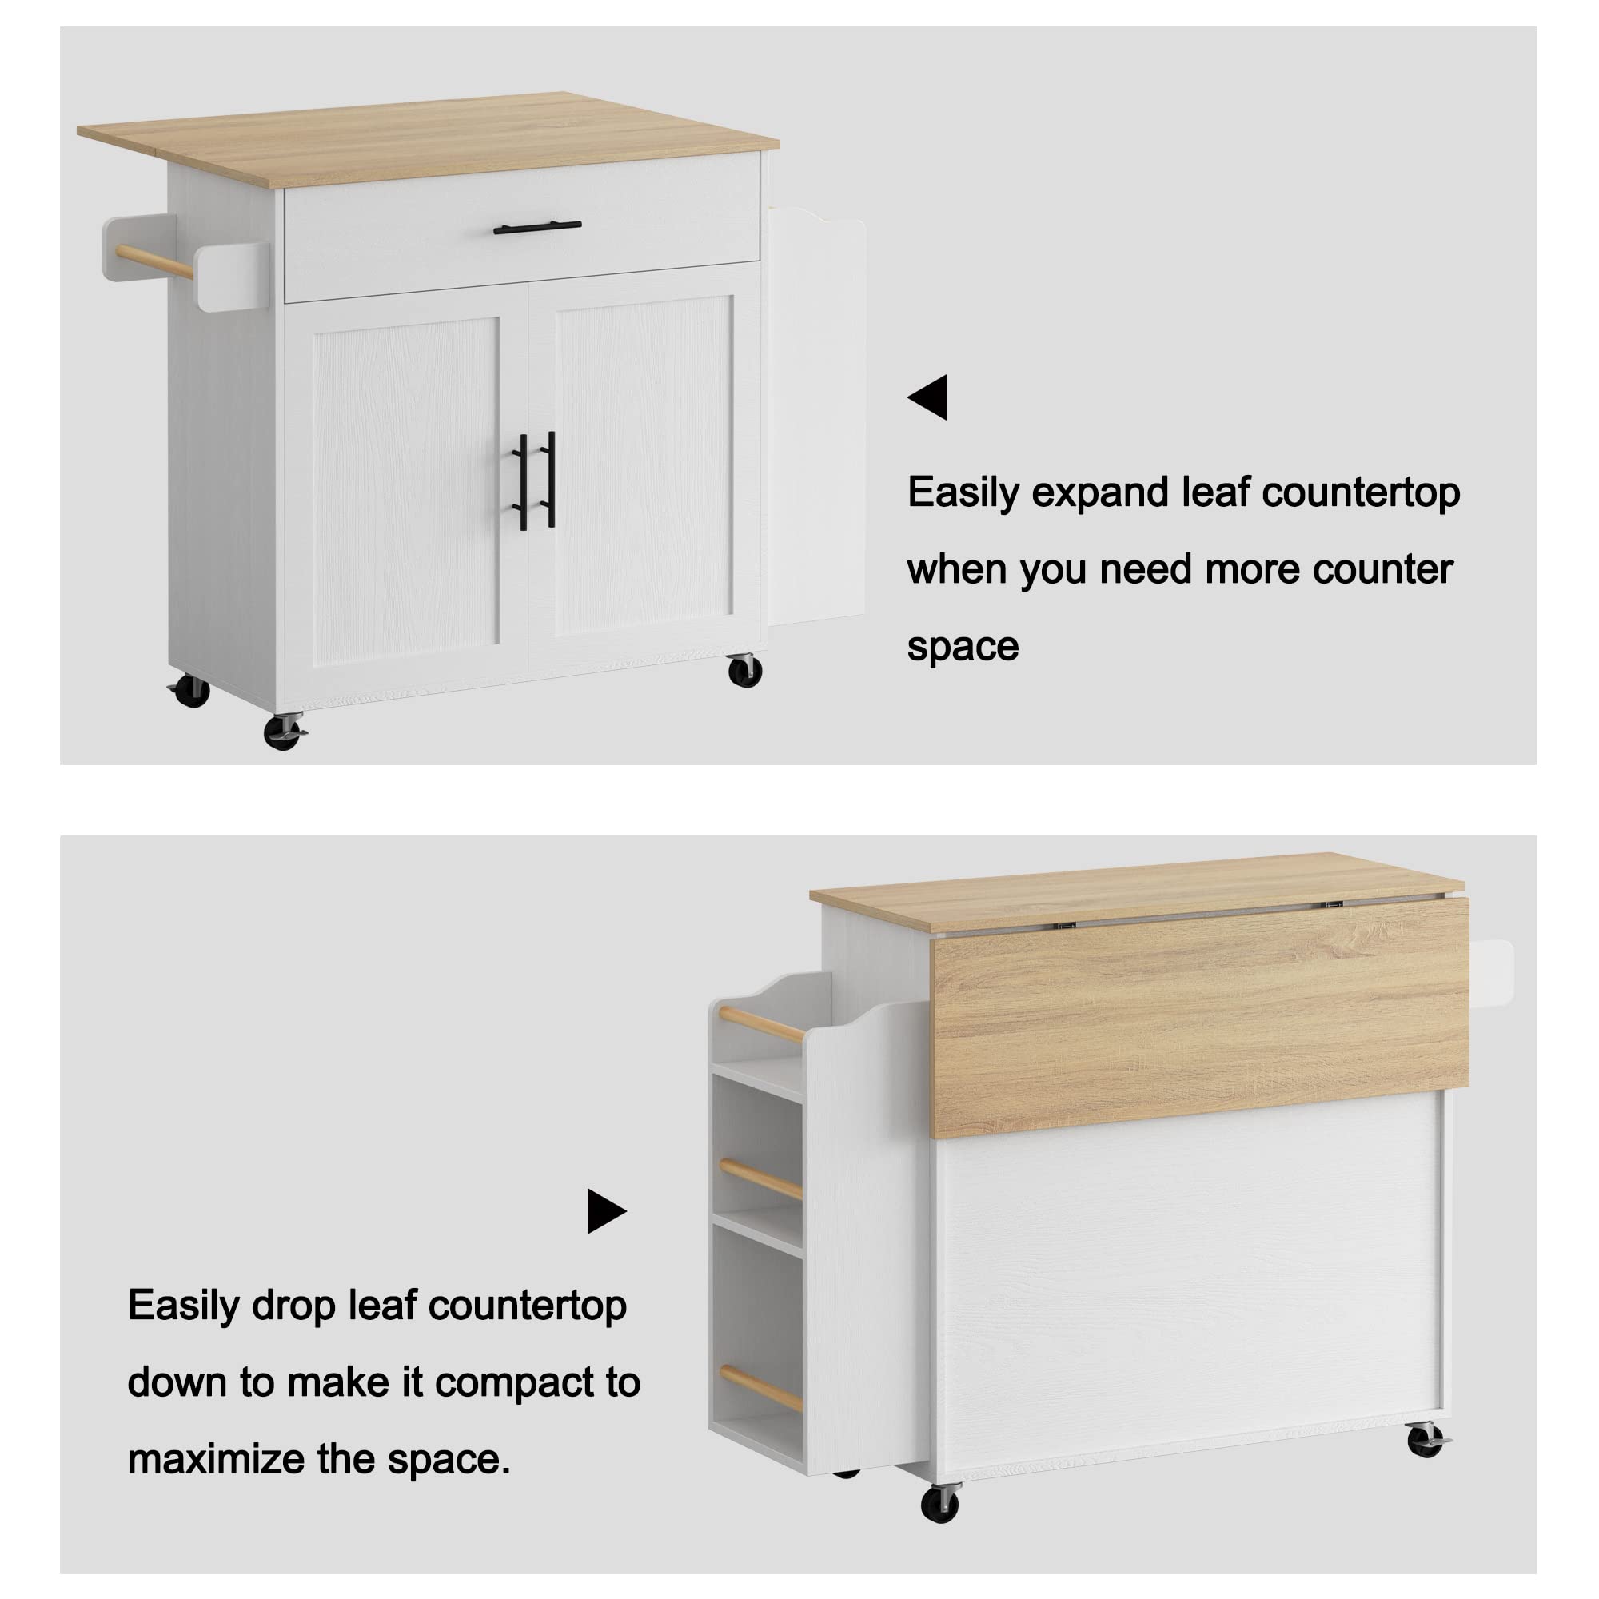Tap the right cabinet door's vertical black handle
pyautogui.click(x=550, y=478)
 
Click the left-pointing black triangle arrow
pyautogui.click(x=928, y=397)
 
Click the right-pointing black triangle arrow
pyautogui.click(x=606, y=1212)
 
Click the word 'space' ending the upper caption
pyautogui.click(x=963, y=646)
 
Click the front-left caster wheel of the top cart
pyautogui.click(x=283, y=732)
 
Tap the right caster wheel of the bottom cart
pyautogui.click(x=1426, y=1441)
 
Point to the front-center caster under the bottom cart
pyautogui.click(x=940, y=1502)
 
